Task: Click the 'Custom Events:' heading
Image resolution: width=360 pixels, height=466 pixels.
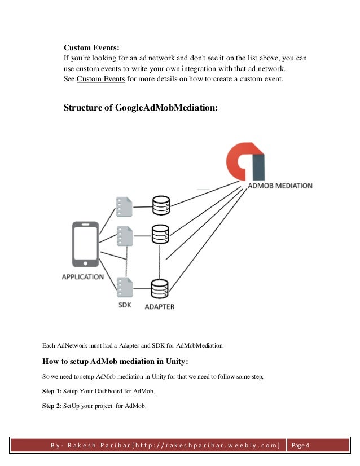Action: point(91,48)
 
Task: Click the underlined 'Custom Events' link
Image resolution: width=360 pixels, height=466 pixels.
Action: point(101,78)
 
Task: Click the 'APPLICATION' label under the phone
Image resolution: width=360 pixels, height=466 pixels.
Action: point(83,277)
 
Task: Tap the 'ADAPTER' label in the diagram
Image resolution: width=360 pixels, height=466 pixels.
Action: point(160,307)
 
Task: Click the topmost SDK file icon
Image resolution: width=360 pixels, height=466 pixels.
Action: point(124,206)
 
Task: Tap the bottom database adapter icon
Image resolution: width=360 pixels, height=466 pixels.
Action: point(161,289)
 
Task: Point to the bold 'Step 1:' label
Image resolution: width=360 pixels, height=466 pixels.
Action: point(52,391)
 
